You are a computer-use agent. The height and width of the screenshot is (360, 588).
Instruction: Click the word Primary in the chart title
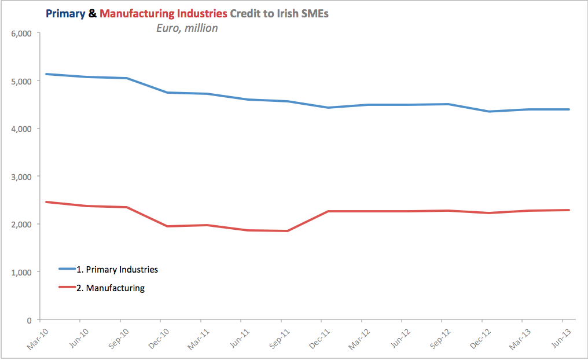(x=65, y=13)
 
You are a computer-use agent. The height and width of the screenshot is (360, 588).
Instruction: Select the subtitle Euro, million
(x=186, y=28)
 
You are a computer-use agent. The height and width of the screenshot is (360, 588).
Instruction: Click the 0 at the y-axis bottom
(x=28, y=319)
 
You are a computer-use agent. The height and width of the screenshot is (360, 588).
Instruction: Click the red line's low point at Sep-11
(x=287, y=231)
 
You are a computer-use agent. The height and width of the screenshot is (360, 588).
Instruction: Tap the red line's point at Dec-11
(x=328, y=211)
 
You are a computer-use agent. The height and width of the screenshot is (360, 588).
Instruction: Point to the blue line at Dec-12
(x=489, y=112)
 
